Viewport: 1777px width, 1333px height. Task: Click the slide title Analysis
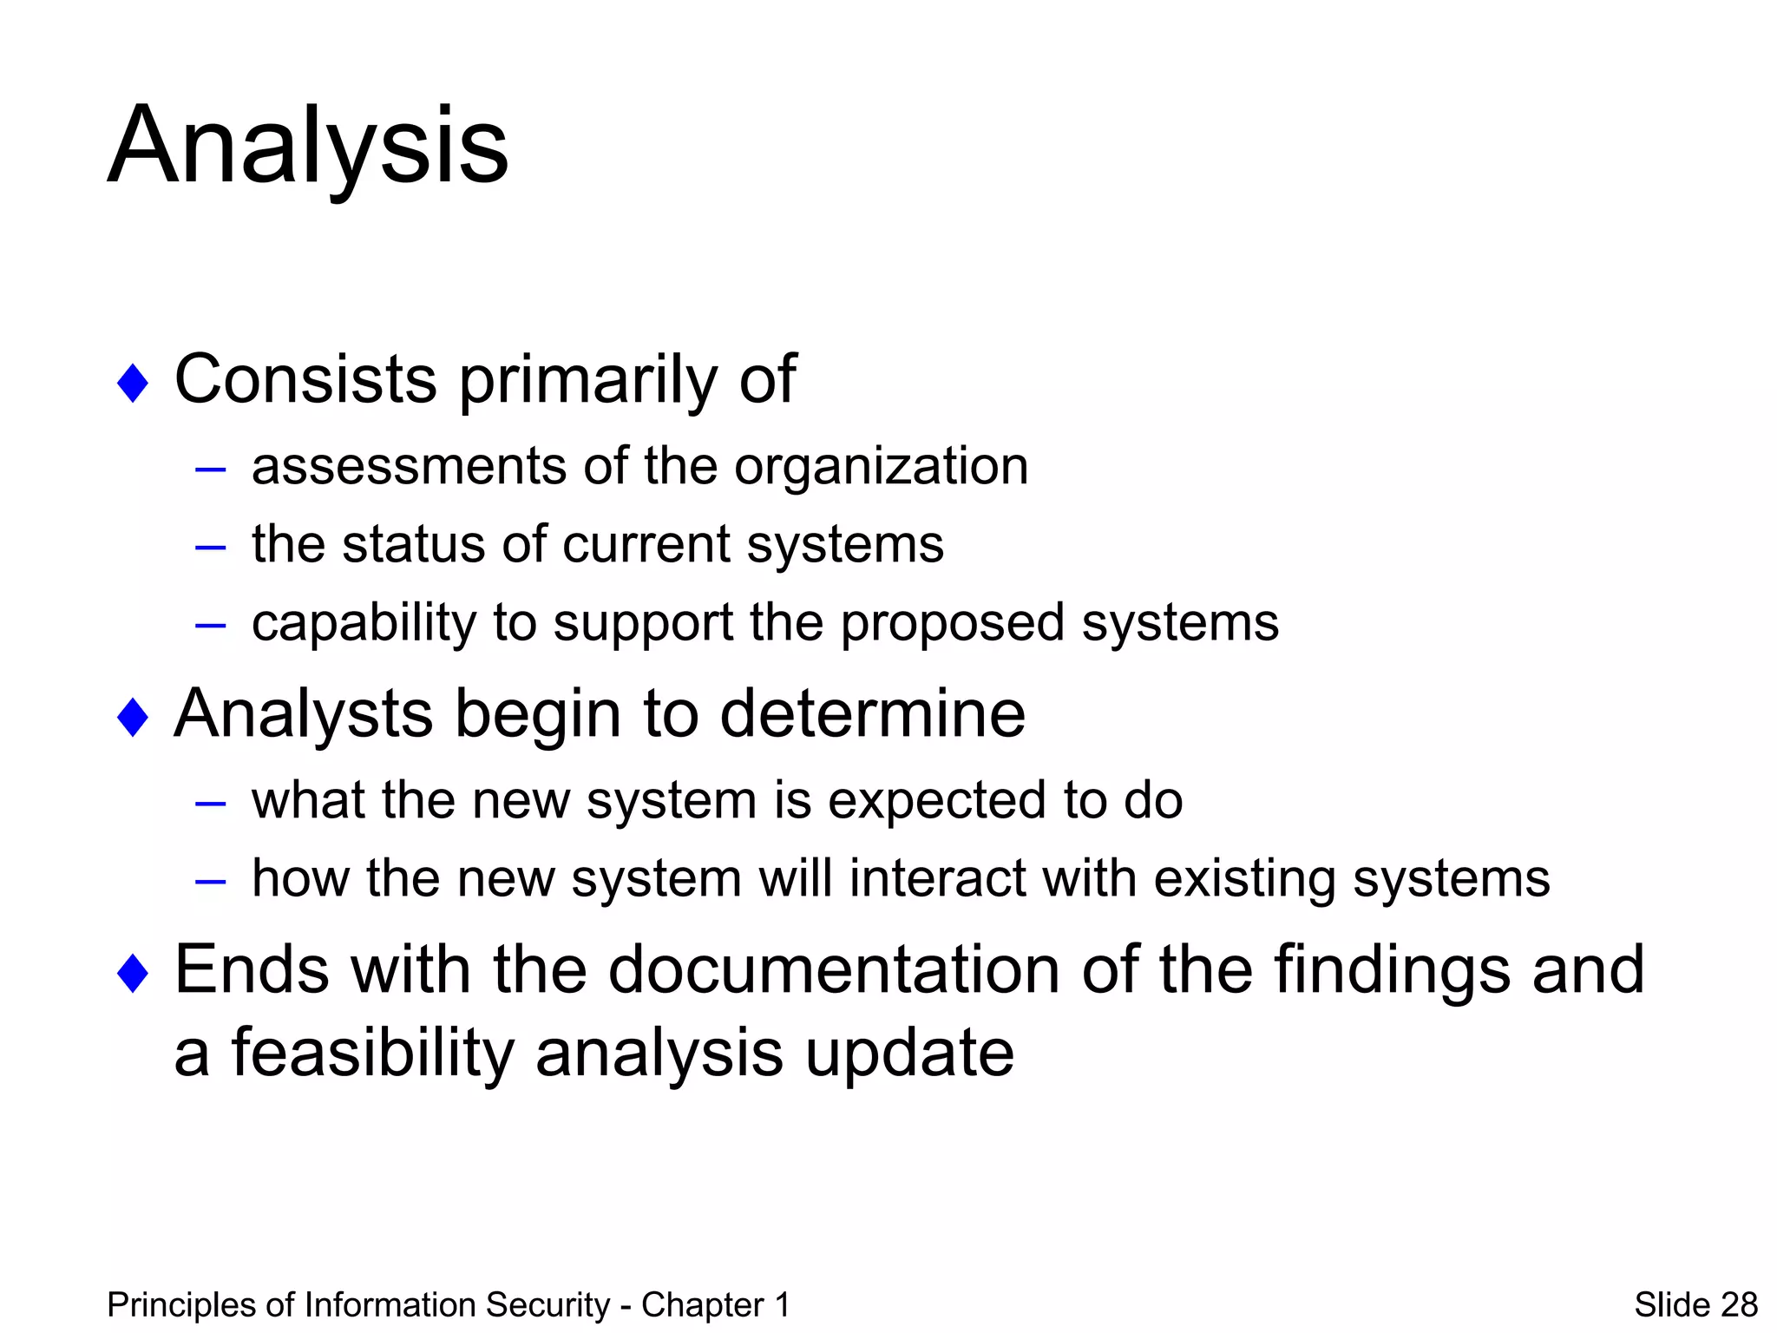click(308, 145)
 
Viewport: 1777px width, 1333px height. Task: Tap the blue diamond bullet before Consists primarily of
click(133, 383)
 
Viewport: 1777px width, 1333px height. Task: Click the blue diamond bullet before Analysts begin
click(133, 717)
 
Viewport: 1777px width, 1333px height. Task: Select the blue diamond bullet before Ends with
click(133, 972)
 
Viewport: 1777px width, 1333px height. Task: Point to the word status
click(413, 544)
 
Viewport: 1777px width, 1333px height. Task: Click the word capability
click(364, 623)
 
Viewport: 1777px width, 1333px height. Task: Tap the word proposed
click(952, 623)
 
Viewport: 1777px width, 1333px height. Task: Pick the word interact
click(938, 878)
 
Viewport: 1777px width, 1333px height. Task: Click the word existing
click(1244, 878)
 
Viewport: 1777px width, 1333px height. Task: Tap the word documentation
click(833, 969)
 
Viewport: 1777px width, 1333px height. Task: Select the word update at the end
click(908, 1053)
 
